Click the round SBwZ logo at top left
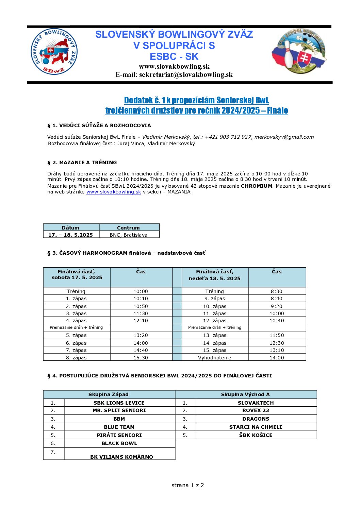tap(54, 52)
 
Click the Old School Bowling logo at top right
tap(299, 51)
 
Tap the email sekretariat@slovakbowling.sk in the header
tap(186, 75)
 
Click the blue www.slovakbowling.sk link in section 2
tap(114, 192)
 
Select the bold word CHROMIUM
tap(257, 186)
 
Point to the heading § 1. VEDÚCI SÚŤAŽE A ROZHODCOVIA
tap(99, 125)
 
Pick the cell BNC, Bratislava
tap(128, 235)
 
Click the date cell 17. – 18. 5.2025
tap(70, 235)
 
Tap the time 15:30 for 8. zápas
tap(141, 358)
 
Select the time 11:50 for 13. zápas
tap(277, 335)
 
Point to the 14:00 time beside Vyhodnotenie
tap(277, 358)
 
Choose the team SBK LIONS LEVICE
tap(119, 403)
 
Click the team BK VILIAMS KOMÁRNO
tap(121, 457)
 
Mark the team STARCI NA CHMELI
tap(256, 427)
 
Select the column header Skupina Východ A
tap(245, 394)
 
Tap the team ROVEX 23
tap(256, 410)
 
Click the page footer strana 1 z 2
tap(187, 485)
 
